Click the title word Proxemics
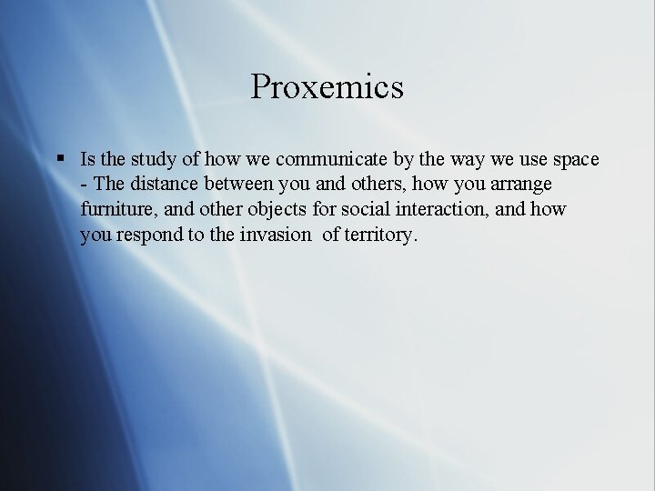click(x=327, y=88)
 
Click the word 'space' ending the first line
click(x=576, y=160)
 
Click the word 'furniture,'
click(x=118, y=210)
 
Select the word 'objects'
click(x=275, y=210)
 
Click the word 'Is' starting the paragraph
click(x=87, y=160)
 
